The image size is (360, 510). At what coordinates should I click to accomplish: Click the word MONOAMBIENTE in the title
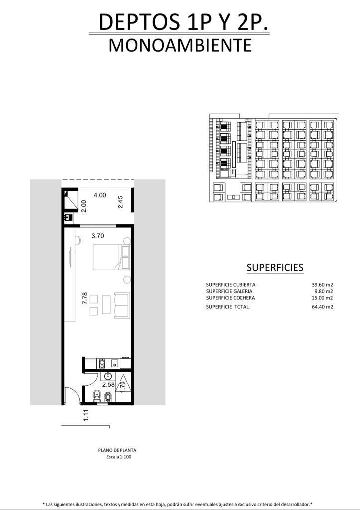point(180,45)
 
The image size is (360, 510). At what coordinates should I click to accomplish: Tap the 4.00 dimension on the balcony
point(100,195)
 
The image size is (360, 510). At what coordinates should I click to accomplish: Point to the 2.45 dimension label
point(120,202)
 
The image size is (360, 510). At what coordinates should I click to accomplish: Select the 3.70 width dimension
point(98,236)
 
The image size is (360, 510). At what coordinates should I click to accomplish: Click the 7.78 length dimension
point(85,298)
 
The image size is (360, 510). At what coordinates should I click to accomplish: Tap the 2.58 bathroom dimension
point(108,385)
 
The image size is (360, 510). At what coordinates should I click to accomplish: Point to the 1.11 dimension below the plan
point(86,415)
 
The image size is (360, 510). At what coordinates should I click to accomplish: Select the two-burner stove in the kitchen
point(102,363)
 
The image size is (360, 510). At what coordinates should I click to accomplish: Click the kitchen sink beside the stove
point(115,363)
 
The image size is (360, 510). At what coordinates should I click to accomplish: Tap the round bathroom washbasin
point(108,377)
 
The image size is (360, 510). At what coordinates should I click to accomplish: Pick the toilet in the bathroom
point(97,396)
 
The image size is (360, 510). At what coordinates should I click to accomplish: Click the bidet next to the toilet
point(108,397)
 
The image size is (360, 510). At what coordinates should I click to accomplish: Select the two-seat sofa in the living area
point(122,305)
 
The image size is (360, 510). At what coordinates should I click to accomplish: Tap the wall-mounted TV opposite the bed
point(71,257)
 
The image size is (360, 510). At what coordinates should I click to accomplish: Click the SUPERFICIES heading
point(275,267)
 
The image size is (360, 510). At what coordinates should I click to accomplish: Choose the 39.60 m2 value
point(322,285)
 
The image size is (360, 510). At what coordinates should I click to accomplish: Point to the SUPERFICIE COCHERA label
point(231,298)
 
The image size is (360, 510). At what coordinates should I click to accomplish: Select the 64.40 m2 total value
point(322,307)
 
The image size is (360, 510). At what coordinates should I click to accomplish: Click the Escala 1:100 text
point(119,457)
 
